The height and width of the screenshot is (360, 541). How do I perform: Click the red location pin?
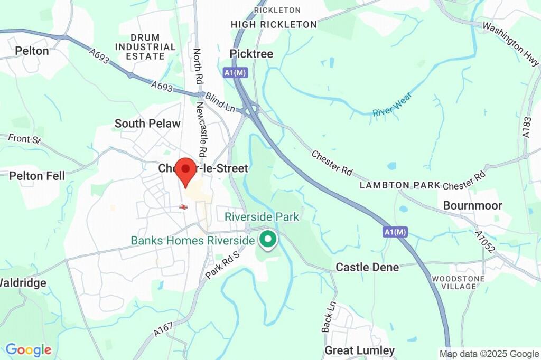(185, 170)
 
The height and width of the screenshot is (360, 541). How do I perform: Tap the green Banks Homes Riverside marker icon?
(268, 240)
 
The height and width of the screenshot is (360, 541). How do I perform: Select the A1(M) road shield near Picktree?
(236, 72)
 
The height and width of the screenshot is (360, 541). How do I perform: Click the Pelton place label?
(32, 51)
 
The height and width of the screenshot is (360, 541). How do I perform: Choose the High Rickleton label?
(274, 24)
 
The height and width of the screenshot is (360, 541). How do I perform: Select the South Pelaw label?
(147, 124)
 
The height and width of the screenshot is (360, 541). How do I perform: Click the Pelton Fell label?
(36, 176)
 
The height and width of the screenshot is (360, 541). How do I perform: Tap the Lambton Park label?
(400, 185)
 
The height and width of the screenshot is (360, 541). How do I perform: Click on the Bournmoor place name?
(472, 205)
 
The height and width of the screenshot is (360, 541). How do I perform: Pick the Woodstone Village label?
(454, 282)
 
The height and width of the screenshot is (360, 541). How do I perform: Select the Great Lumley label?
(359, 350)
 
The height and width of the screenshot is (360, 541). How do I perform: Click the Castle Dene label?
(367, 267)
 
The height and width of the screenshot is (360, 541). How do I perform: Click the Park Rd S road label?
(223, 264)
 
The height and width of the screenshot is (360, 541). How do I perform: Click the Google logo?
(29, 349)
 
